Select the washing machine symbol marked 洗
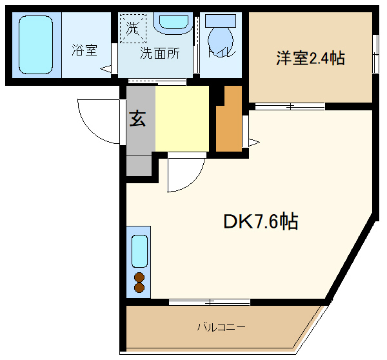point(132,29)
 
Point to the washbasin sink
point(172,21)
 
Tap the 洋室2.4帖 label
point(310,59)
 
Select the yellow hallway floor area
point(183,119)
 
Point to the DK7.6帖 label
point(261,222)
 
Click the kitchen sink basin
point(140,252)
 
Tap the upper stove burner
point(139,277)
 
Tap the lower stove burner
point(139,288)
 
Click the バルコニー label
point(221,327)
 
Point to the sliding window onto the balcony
point(210,301)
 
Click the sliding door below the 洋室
point(281,106)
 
